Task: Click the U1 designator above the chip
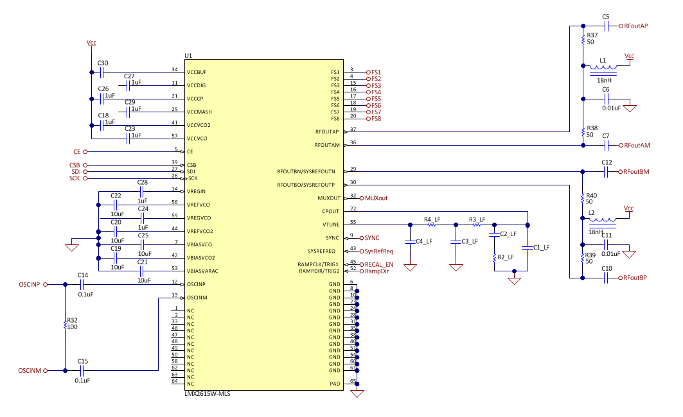tap(188, 56)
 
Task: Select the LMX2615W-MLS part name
tap(207, 394)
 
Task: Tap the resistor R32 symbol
tap(65, 325)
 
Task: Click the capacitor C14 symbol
tap(82, 284)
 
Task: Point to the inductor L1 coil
tap(605, 67)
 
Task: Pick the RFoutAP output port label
tap(636, 26)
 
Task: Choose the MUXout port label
tap(377, 198)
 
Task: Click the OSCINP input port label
tap(29, 284)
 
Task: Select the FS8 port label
tap(376, 119)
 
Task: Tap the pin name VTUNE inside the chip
tap(330, 225)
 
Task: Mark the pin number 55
tap(353, 222)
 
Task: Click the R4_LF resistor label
tap(432, 219)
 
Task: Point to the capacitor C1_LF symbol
tap(528, 247)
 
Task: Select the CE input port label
tap(76, 151)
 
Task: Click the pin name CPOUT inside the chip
tap(330, 211)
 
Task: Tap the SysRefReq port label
tap(379, 251)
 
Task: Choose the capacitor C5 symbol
tap(606, 26)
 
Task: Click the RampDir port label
tap(377, 271)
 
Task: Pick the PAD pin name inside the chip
tap(334, 384)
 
